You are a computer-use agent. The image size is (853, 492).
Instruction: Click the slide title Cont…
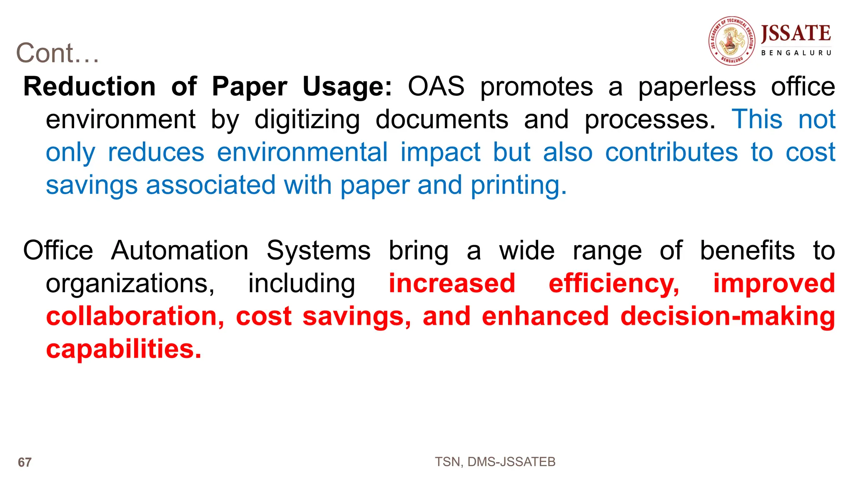tap(57, 53)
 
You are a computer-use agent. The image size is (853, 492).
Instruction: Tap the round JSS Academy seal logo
tap(732, 41)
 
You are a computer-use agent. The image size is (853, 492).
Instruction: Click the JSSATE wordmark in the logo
tap(796, 33)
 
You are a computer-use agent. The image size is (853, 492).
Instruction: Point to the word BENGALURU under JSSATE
tap(796, 53)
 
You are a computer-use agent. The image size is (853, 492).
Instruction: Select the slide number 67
tap(25, 462)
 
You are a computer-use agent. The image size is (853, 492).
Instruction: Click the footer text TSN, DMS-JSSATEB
tap(495, 462)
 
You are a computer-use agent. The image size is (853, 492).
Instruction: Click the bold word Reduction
tap(90, 87)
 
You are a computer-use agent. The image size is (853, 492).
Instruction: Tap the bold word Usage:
tap(347, 87)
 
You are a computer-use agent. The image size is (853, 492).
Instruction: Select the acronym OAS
tap(436, 87)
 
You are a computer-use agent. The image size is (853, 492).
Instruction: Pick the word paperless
tap(697, 87)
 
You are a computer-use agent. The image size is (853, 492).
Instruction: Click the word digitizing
tap(307, 120)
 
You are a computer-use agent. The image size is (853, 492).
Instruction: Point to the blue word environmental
tap(302, 152)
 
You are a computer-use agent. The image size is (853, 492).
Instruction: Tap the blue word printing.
tap(519, 185)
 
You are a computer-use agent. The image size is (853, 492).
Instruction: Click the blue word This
tap(757, 119)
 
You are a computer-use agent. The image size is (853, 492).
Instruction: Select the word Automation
tap(180, 251)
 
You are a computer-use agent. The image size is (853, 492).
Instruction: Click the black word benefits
tap(747, 251)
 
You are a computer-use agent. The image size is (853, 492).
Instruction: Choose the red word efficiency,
tap(614, 284)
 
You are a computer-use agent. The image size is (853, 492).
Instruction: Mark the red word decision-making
tap(728, 316)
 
